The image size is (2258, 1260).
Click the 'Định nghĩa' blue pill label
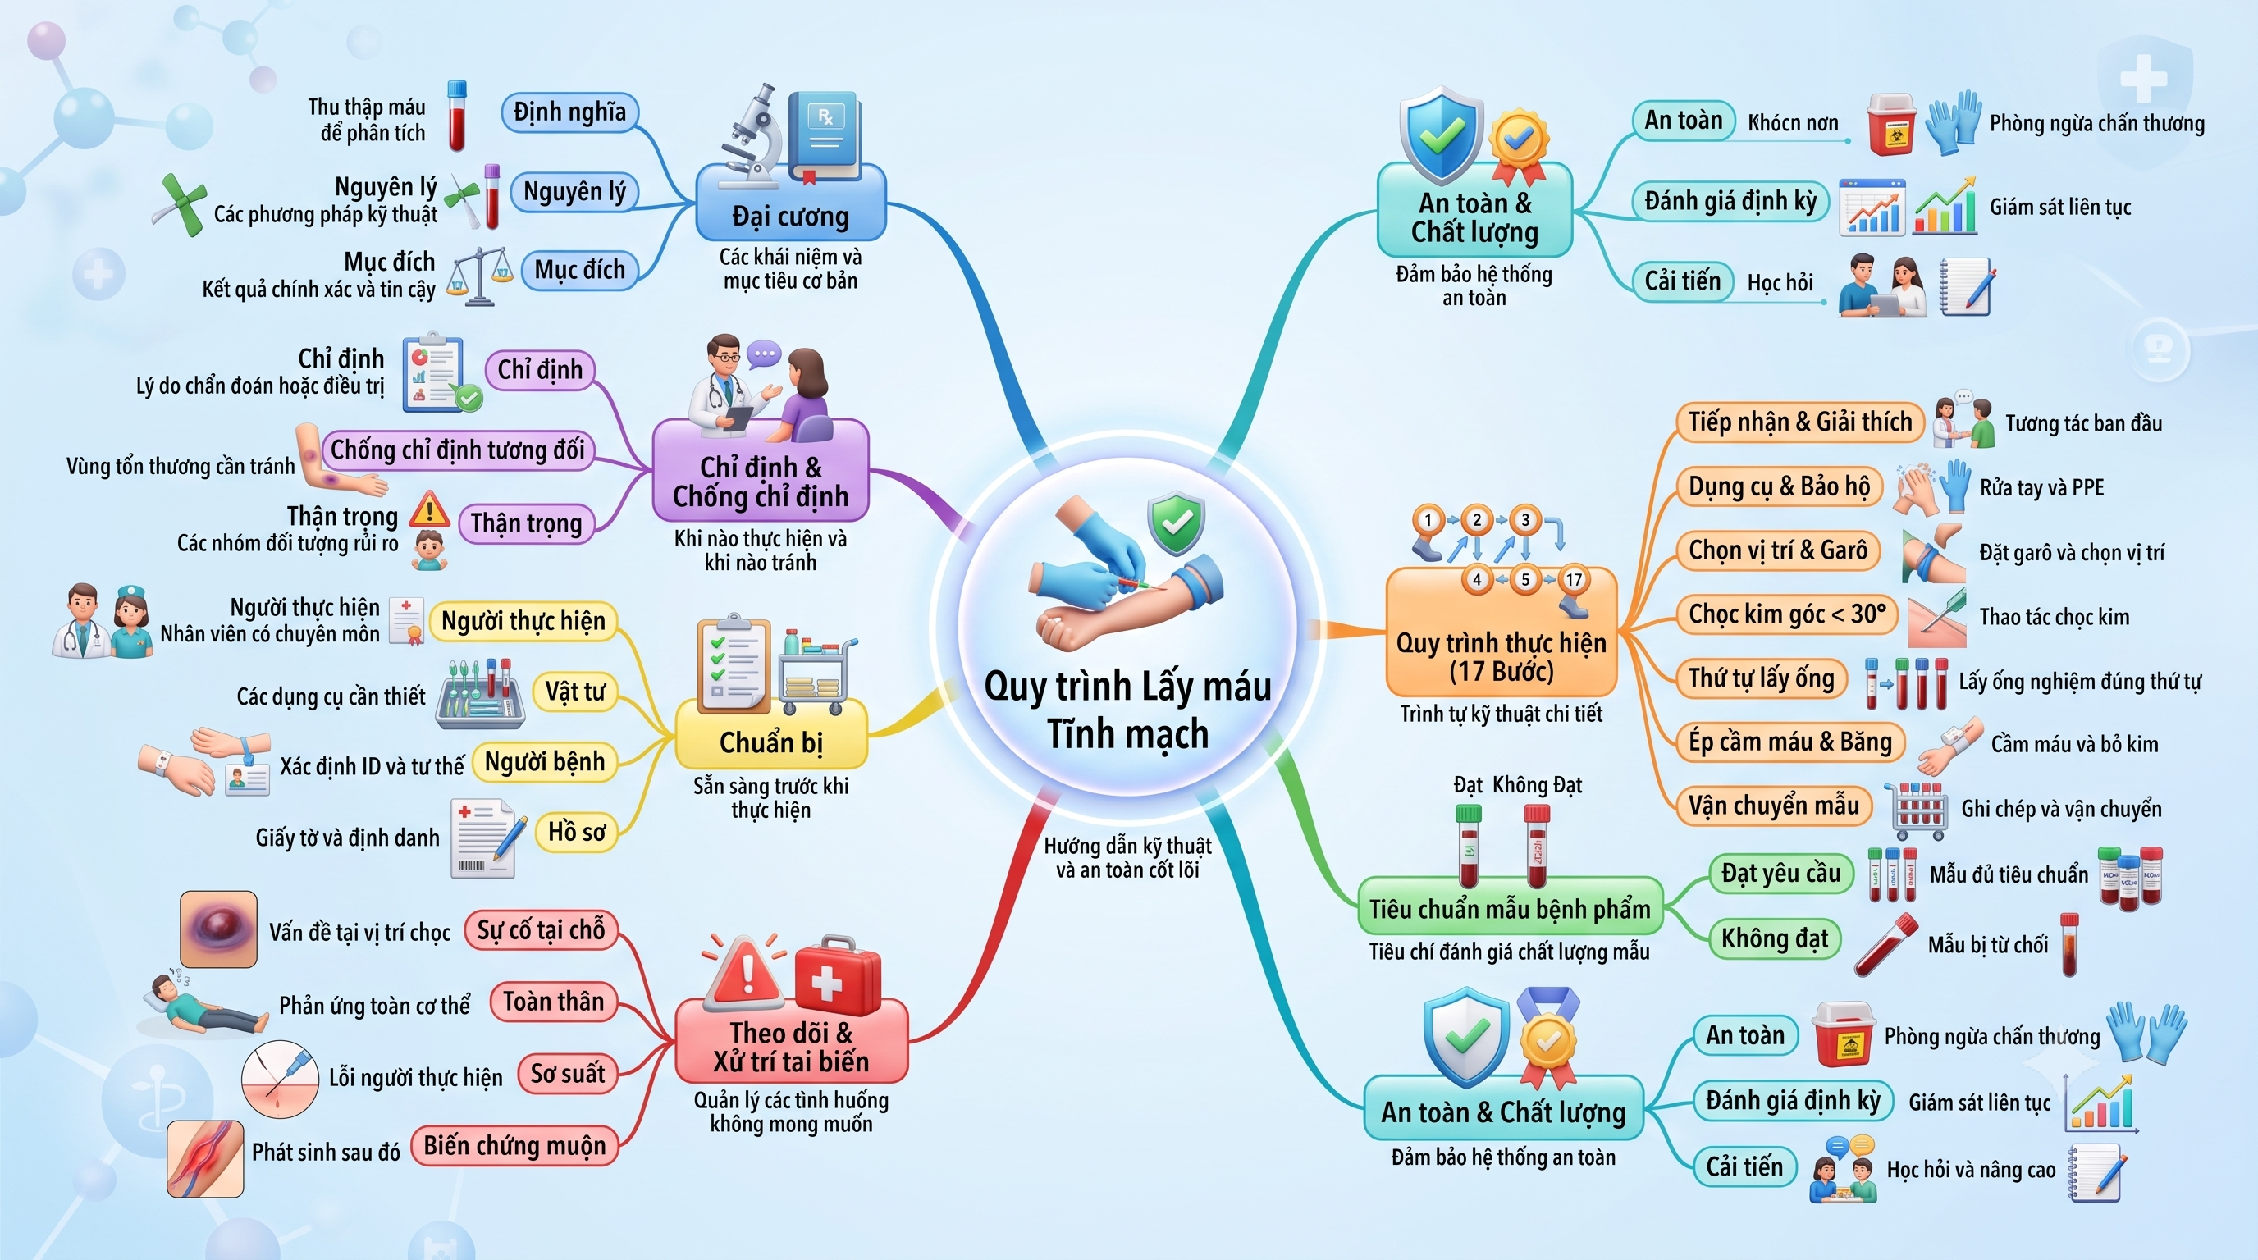point(569,112)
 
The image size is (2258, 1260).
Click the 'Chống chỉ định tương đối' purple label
point(457,450)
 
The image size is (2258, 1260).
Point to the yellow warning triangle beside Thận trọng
point(428,509)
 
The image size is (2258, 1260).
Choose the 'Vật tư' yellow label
point(575,692)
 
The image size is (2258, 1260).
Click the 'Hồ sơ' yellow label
point(577,831)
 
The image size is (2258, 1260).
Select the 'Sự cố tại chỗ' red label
point(541,929)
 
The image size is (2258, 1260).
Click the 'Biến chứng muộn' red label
point(514,1145)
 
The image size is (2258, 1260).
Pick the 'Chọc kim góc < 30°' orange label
point(1786,614)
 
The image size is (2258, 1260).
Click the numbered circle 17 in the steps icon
point(1575,579)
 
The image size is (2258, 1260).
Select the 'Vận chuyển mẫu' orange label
point(1774,806)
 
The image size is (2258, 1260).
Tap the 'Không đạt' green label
point(1774,938)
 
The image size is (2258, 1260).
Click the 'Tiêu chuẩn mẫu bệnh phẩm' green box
point(1510,909)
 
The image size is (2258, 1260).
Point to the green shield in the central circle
point(1177,524)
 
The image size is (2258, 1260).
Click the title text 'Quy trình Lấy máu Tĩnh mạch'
point(1128,710)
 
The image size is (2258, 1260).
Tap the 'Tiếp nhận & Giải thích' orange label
point(1800,422)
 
